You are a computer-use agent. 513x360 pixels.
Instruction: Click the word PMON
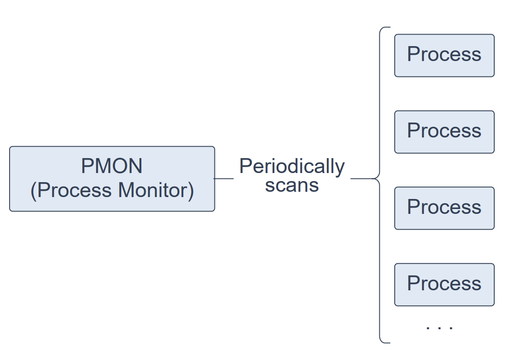pos(112,166)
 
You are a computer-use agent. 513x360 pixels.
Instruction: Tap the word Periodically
pos(292,167)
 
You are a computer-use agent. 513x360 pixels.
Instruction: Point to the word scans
pos(292,186)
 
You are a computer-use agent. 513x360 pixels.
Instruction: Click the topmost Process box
pos(444,56)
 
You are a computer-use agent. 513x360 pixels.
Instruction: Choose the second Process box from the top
pos(444,132)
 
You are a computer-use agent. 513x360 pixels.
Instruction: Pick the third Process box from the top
pos(444,208)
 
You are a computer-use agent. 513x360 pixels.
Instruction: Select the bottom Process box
pos(444,285)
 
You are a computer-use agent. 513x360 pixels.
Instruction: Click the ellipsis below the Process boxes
pos(439,327)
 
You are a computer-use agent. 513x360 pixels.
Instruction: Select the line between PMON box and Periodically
pos(224,178)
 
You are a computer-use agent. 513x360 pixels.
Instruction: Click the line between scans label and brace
pos(361,178)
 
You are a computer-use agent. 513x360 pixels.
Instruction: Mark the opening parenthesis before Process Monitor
pos(33,191)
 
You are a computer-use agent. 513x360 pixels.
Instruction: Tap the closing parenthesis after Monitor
pos(190,191)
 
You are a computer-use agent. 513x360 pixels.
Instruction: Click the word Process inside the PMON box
pos(74,190)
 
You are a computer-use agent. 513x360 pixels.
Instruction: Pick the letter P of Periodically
pos(245,166)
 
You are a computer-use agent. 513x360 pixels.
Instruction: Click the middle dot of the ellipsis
pos(439,327)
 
